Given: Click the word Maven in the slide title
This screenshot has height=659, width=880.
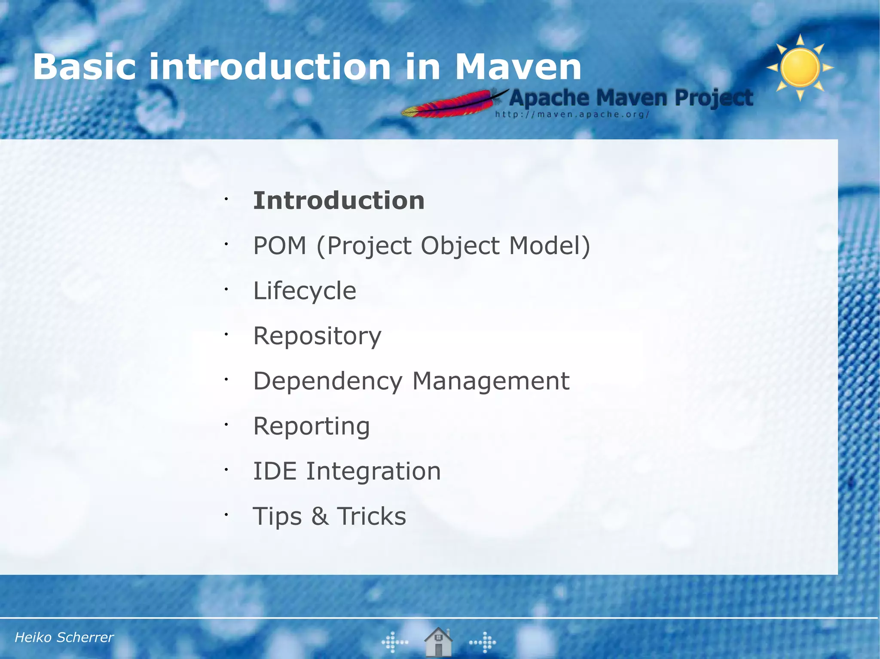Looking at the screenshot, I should [517, 67].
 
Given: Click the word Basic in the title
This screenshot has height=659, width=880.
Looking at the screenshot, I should [84, 67].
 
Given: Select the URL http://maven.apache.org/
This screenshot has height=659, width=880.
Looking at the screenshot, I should [572, 115].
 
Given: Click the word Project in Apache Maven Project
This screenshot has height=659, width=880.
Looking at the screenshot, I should [714, 98].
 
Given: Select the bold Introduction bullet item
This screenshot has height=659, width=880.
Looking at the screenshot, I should [339, 200].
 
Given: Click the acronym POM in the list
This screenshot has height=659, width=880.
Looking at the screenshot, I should [280, 246].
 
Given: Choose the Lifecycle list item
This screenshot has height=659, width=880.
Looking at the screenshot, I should [305, 291].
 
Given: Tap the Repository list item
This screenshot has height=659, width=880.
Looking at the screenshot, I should [317, 336].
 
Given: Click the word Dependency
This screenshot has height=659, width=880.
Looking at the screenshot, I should [328, 381].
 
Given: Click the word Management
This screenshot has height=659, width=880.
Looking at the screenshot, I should [491, 381].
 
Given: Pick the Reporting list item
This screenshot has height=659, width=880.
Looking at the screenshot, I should [312, 426].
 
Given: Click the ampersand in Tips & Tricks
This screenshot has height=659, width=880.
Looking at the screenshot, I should [320, 516].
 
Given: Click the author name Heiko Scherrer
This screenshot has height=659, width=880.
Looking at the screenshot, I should [64, 638].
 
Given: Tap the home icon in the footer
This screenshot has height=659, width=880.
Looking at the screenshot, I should [438, 642].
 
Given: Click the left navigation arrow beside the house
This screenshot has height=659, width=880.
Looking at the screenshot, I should [394, 642].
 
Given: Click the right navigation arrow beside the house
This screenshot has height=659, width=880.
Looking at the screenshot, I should [483, 642].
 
